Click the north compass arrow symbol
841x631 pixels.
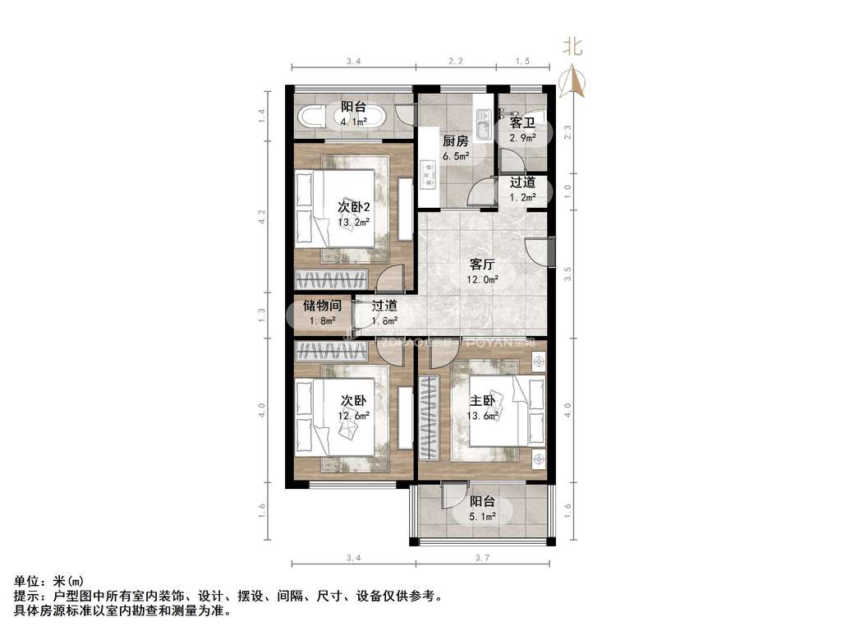pos(572,81)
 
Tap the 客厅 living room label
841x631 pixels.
pos(481,265)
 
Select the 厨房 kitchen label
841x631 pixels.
pos(455,140)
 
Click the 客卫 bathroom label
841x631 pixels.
pos(522,122)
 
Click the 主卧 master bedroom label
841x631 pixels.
pos(482,400)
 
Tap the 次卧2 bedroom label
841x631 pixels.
pos(354,205)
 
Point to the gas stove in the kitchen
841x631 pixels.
pos(427,173)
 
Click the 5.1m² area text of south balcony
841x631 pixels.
pos(482,517)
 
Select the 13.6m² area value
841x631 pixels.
pos(482,416)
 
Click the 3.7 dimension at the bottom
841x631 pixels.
pos(482,559)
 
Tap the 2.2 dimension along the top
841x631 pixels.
pos(455,62)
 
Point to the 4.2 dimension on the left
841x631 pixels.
pos(262,218)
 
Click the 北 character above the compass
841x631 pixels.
pos(572,47)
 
